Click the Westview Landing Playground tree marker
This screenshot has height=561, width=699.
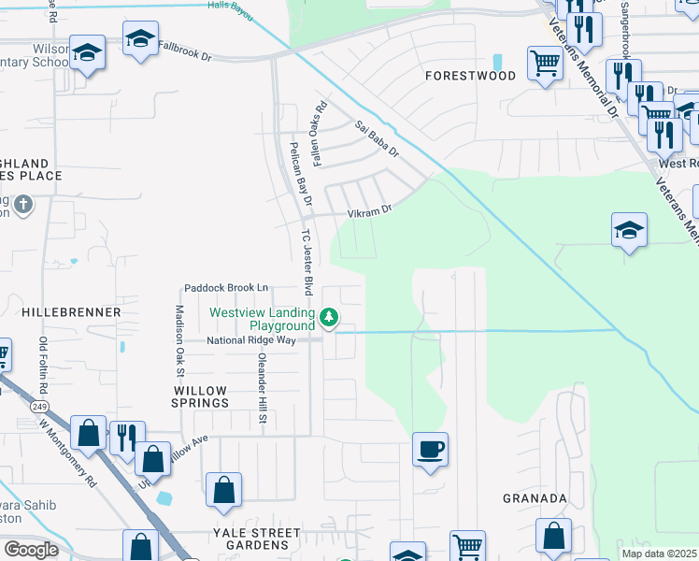click(328, 319)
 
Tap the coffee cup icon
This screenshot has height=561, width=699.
click(430, 450)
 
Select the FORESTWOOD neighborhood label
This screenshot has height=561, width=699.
click(470, 75)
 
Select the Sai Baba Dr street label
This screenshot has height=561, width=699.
click(376, 137)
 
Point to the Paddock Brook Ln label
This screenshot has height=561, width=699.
click(226, 287)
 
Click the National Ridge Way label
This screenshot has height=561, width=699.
click(251, 340)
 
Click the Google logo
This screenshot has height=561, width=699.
click(30, 549)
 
